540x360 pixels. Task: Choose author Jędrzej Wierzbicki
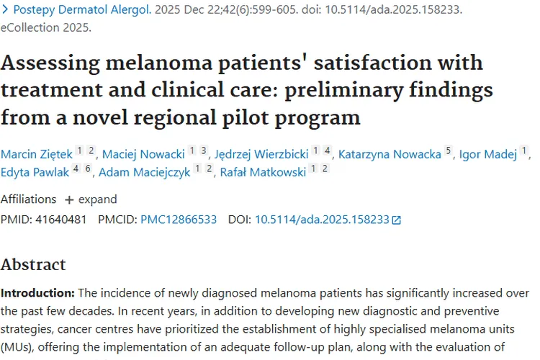(261, 153)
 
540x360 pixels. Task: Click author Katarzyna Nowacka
(390, 153)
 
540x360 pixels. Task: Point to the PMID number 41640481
(60, 220)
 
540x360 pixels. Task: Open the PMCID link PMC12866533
(178, 220)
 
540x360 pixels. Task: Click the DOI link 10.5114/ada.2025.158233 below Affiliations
(322, 220)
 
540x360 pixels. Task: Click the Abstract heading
(33, 264)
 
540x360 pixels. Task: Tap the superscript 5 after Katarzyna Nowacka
(449, 151)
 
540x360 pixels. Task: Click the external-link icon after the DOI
(396, 220)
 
